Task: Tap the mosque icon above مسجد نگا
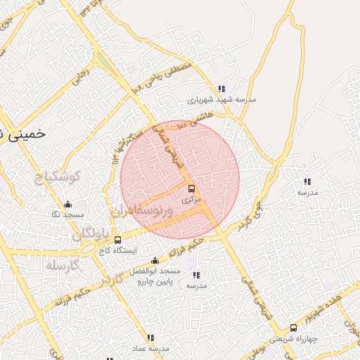pyautogui.click(x=67, y=205)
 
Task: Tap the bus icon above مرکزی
pyautogui.click(x=191, y=189)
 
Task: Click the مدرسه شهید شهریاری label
pyautogui.click(x=221, y=100)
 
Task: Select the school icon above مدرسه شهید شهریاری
pyautogui.click(x=221, y=89)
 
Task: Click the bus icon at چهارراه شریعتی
pyautogui.click(x=294, y=328)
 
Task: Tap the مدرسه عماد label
pyautogui.click(x=150, y=348)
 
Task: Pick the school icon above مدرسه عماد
pyautogui.click(x=150, y=338)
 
